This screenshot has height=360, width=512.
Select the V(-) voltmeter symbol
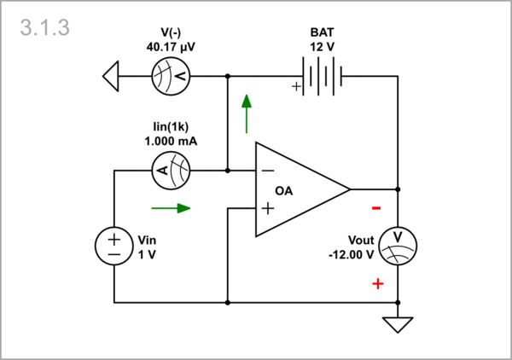point(171,77)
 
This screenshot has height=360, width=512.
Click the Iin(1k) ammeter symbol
point(171,171)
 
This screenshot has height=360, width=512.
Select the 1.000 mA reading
point(171,142)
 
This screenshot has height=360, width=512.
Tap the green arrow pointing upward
point(247,113)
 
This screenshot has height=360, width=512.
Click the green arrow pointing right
point(171,206)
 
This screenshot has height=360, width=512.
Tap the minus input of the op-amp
point(268,171)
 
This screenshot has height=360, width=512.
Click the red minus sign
point(376,208)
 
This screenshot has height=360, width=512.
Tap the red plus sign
point(377,283)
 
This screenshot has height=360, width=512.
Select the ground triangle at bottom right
point(398,324)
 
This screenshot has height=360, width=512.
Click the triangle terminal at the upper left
point(110,77)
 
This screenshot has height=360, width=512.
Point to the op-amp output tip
point(349,189)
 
